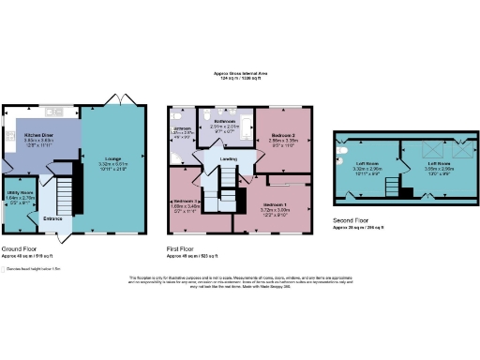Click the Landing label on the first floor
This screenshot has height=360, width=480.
tap(228, 158)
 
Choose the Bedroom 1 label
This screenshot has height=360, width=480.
tap(275, 203)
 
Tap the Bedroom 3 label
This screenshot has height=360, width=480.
tap(183, 202)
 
